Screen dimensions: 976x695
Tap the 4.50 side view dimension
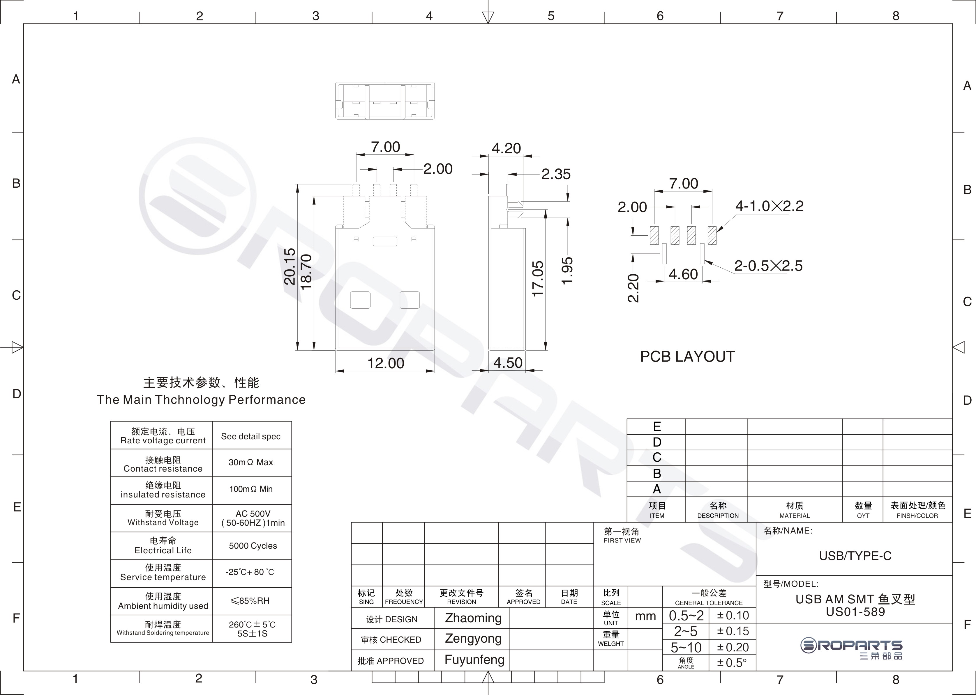(508, 363)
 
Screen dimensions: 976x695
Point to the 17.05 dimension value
(538, 279)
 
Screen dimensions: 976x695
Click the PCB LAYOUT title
(687, 356)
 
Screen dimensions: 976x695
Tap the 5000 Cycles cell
(253, 546)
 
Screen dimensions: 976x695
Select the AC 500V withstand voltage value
(253, 513)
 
